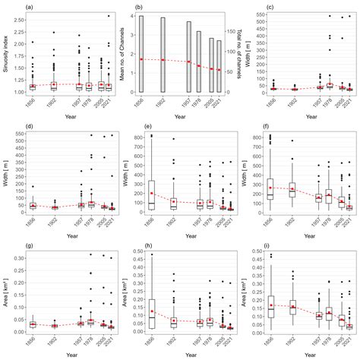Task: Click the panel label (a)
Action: click(29, 7)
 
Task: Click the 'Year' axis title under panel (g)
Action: click(66, 354)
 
